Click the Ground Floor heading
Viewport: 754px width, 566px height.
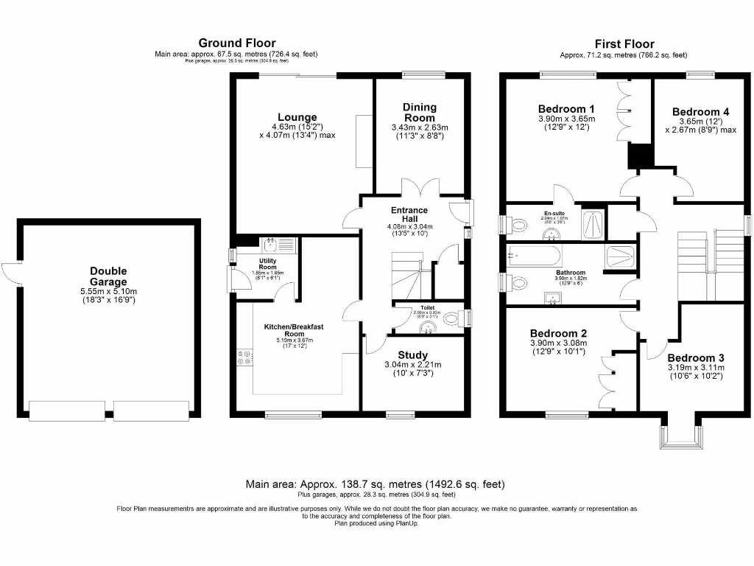coord(236,43)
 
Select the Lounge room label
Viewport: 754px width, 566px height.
coord(297,117)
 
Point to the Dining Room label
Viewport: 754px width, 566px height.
coord(419,113)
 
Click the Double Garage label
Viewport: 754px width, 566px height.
coord(108,276)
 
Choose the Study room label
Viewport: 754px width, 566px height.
coord(412,355)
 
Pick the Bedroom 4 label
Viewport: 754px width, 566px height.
coord(700,112)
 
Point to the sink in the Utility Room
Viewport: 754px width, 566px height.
coord(270,244)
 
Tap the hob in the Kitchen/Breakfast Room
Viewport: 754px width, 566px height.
coord(242,357)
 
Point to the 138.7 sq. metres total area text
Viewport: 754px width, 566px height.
coord(375,484)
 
